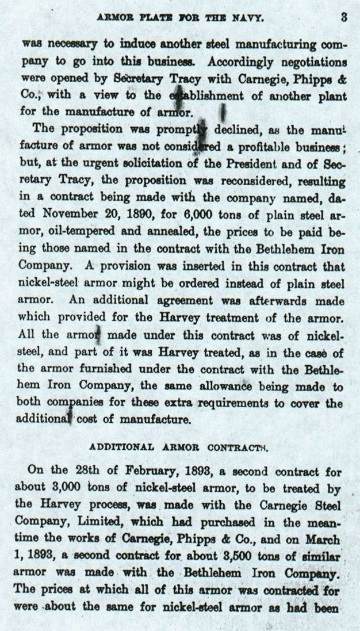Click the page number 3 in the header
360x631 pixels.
[x=343, y=17]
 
